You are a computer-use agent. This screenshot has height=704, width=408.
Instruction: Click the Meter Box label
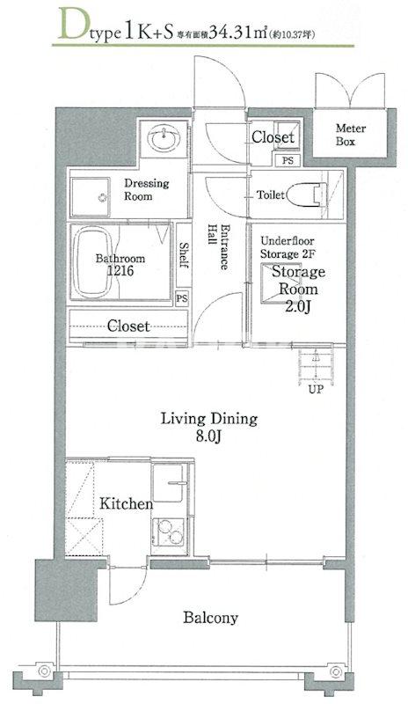pos(351,135)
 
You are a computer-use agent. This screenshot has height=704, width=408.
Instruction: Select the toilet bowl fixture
pos(308,194)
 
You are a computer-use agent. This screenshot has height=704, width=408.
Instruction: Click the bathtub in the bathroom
pos(92,261)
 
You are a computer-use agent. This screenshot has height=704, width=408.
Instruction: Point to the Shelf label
pos(183,255)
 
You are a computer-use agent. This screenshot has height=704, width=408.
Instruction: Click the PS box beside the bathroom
pos(182,297)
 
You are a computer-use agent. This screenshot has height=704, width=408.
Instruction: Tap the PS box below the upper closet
pos(288,160)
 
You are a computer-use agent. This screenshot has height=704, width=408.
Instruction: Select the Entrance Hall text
pos(219,246)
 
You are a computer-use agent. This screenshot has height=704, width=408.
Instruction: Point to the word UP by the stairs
pos(316,390)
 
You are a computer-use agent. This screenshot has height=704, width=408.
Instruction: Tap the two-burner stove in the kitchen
pos(169,532)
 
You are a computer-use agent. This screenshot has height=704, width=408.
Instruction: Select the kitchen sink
pos(167,482)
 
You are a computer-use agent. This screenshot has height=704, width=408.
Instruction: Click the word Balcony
pos(210,618)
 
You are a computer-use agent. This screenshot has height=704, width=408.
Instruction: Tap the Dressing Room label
pos(146,189)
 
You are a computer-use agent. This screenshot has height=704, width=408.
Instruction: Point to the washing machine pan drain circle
pos(103,197)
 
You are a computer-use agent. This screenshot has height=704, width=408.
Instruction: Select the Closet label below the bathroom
pos(127,326)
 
